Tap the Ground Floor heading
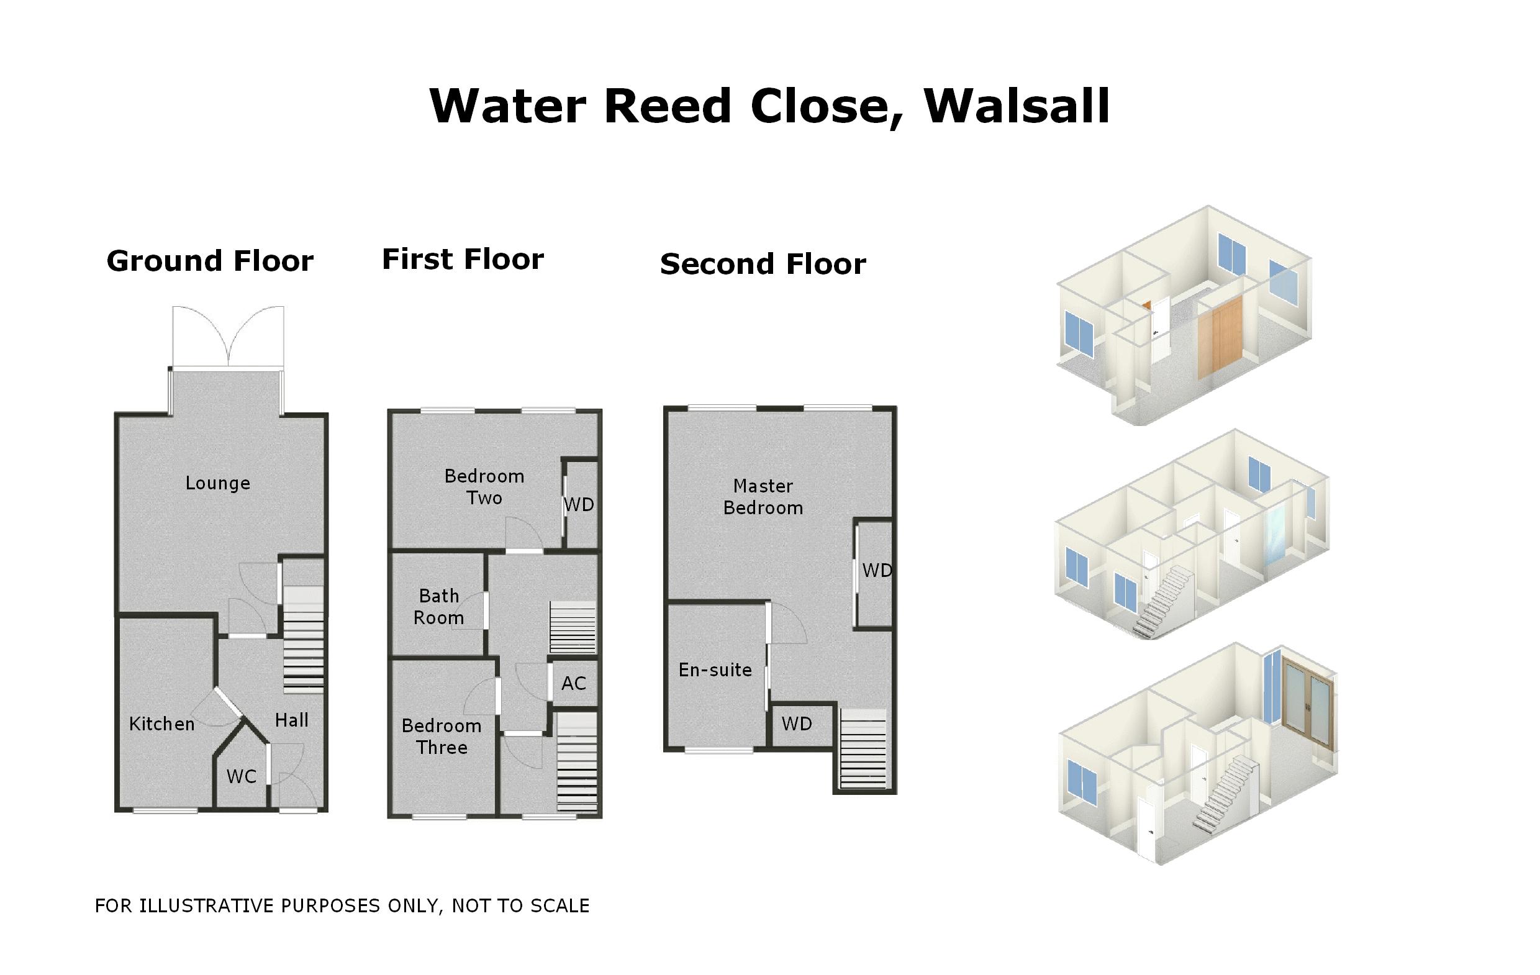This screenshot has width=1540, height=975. [210, 261]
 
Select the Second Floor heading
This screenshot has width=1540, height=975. [763, 264]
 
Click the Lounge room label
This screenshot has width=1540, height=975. [217, 483]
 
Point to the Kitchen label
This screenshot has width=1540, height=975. [162, 724]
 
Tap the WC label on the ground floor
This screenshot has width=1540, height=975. [241, 777]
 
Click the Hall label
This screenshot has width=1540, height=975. [292, 720]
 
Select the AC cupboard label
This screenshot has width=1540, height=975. [573, 683]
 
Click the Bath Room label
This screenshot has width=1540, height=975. [439, 607]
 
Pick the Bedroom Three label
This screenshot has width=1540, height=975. [442, 737]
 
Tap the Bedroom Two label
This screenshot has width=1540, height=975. [484, 487]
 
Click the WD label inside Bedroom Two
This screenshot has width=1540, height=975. [579, 505]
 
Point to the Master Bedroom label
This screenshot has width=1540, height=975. [763, 496]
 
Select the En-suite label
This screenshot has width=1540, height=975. [715, 670]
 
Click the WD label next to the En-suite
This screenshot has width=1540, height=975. [796, 723]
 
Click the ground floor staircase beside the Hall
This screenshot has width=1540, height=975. [303, 640]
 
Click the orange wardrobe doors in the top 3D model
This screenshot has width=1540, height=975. [1220, 339]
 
